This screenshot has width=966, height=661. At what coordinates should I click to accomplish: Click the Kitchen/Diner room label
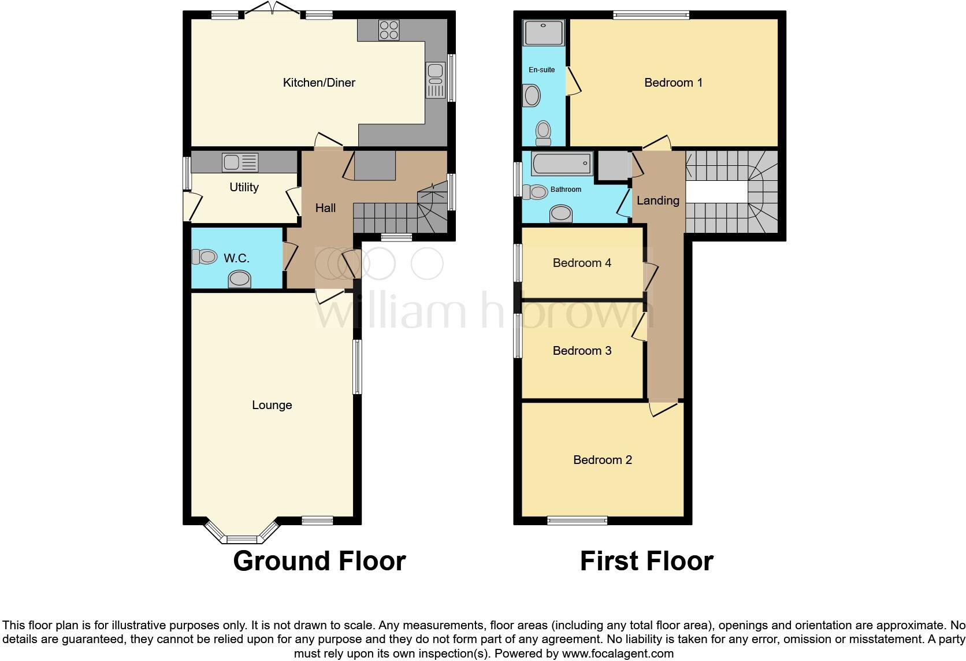click(x=319, y=83)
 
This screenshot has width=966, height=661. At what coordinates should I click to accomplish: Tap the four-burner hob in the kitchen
click(x=389, y=30)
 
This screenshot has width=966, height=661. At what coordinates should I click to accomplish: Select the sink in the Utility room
click(x=240, y=162)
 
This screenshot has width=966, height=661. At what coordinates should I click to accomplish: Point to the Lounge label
click(x=272, y=405)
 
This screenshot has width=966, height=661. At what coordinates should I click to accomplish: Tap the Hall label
click(x=325, y=208)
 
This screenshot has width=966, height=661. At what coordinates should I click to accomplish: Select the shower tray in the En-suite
click(x=543, y=33)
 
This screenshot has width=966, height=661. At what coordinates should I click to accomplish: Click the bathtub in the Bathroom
click(x=562, y=164)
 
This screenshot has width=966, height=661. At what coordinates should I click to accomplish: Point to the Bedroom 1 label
click(x=673, y=83)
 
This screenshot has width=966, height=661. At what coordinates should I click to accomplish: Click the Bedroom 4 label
click(x=582, y=263)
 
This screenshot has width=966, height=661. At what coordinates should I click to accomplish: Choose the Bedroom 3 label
click(x=582, y=351)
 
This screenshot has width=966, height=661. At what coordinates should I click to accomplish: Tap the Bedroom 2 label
click(x=602, y=460)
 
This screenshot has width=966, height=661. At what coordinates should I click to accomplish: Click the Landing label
click(x=657, y=200)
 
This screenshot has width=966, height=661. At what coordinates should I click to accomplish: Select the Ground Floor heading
click(x=319, y=561)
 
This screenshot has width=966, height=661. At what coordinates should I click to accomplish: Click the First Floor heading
click(x=647, y=561)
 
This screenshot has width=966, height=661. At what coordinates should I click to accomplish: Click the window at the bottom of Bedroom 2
click(x=577, y=521)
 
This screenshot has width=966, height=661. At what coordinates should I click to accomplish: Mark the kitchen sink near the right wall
click(x=435, y=80)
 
